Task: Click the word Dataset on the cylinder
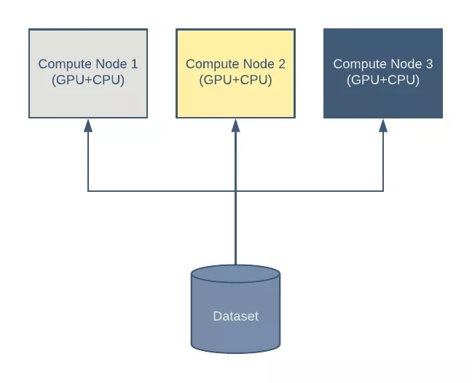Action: coord(235,316)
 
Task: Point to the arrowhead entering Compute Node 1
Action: coord(88,125)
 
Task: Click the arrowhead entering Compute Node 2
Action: coord(235,125)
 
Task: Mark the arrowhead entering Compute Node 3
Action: coord(383,125)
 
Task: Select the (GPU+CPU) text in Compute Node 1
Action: coord(88,80)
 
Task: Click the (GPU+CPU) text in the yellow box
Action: coord(235,80)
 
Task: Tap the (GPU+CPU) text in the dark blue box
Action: coord(383,80)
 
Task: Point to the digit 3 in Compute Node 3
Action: coord(429,64)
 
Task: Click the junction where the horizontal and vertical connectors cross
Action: coord(235,191)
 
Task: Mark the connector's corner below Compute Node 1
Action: coord(88,191)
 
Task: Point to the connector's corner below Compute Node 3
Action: coord(383,191)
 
